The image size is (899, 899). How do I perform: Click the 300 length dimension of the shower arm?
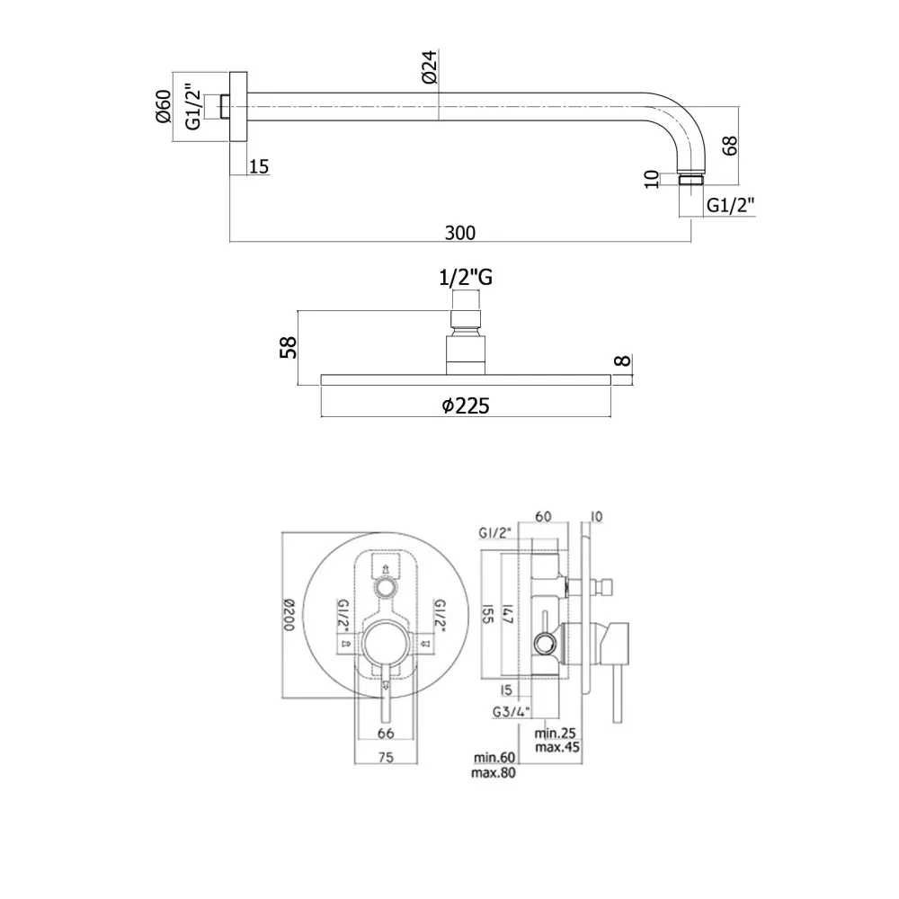pyautogui.click(x=459, y=233)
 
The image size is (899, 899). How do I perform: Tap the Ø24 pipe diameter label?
pyautogui.click(x=430, y=67)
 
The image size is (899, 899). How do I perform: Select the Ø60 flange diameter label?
pyautogui.click(x=164, y=106)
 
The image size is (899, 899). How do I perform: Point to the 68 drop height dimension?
pyautogui.click(x=729, y=146)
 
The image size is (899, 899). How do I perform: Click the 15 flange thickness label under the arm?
pyautogui.click(x=259, y=167)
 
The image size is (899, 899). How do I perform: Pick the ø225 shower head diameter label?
pyautogui.click(x=466, y=406)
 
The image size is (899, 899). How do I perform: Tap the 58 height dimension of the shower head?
pyautogui.click(x=289, y=347)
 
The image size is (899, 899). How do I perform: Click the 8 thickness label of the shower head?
pyautogui.click(x=623, y=360)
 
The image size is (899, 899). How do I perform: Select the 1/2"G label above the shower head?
pyautogui.click(x=466, y=278)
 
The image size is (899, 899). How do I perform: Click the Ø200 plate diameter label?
pyautogui.click(x=289, y=615)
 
